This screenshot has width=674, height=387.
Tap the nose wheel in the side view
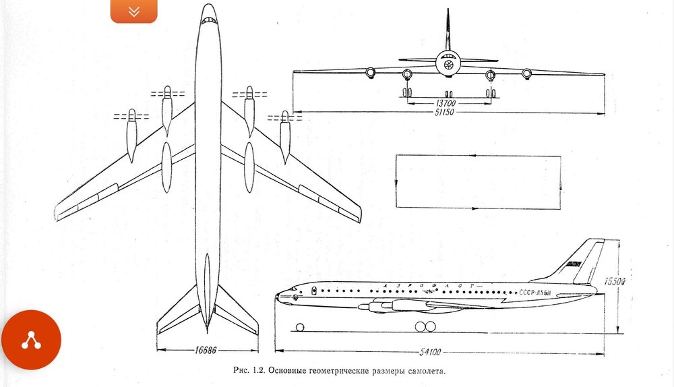pyautogui.click(x=300, y=328)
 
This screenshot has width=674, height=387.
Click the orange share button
pyautogui.click(x=31, y=340)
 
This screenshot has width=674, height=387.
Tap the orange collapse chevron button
pyautogui.click(x=133, y=11)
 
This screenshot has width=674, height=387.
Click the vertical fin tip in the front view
pyautogui.click(x=448, y=11)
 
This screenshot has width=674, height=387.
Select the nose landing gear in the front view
pyautogui.click(x=448, y=92)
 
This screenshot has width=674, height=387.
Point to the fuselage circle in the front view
pyautogui.click(x=448, y=65)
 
